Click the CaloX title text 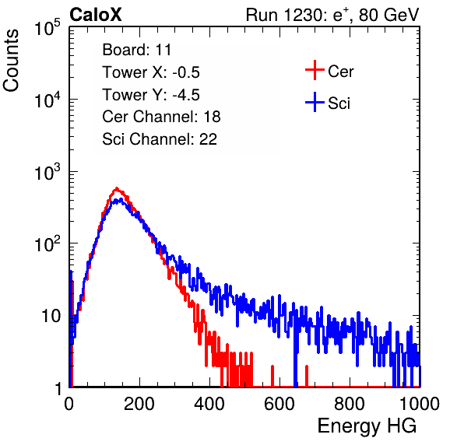(96, 14)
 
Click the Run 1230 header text (332, 15)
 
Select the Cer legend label (340, 72)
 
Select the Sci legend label (339, 103)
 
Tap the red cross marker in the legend (315, 70)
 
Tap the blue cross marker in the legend (315, 102)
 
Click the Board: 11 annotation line (137, 50)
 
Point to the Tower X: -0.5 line (151, 72)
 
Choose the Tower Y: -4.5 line (151, 95)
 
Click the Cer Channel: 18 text (161, 117)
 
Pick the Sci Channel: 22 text (160, 139)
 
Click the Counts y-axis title (11, 61)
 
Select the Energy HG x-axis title (367, 426)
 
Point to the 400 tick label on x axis (209, 404)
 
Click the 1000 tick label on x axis (420, 404)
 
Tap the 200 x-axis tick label (139, 404)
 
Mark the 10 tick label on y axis (51, 316)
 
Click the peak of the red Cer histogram (117, 188)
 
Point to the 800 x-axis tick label (350, 404)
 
